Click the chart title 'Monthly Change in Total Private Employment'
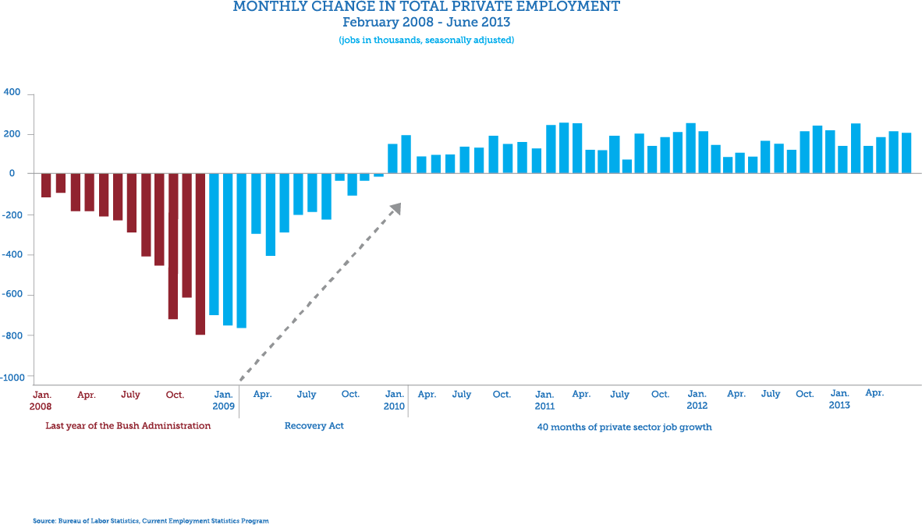(x=427, y=7)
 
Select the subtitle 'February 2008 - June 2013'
(x=427, y=22)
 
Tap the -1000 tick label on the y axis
(x=13, y=377)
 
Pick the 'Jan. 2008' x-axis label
(x=41, y=400)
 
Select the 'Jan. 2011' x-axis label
(x=544, y=400)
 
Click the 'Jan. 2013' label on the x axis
(x=839, y=399)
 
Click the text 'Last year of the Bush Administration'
(x=128, y=426)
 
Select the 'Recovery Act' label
(x=314, y=426)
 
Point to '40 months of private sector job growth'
(x=624, y=427)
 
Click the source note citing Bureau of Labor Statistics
(x=151, y=520)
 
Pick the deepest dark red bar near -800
(x=200, y=254)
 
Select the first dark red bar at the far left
(x=46, y=186)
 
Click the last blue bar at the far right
(x=906, y=153)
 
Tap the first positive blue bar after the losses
(x=392, y=158)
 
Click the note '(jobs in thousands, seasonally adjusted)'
(x=427, y=39)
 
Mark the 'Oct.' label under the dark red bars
(x=175, y=395)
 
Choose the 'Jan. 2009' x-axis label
(x=223, y=400)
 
